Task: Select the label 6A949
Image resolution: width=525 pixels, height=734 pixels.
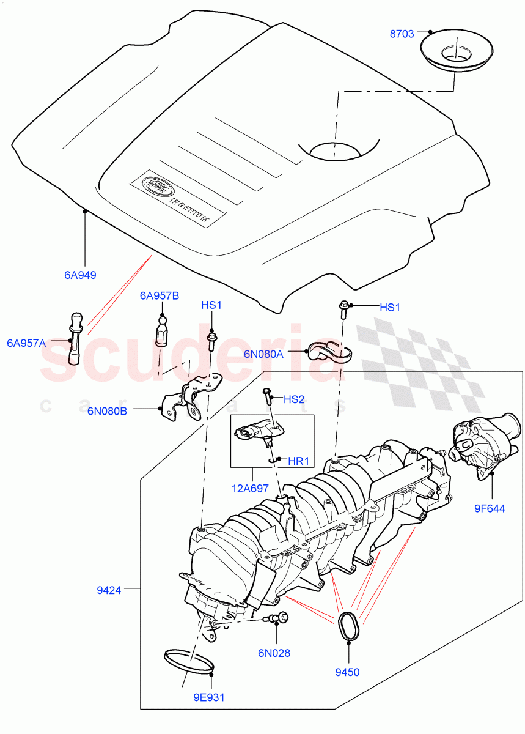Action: pyautogui.click(x=81, y=275)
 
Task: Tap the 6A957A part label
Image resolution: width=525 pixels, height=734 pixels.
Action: pyautogui.click(x=26, y=343)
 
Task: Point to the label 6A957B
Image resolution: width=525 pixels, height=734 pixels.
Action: pyautogui.click(x=159, y=296)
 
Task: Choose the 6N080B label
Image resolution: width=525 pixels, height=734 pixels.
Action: pyautogui.click(x=107, y=410)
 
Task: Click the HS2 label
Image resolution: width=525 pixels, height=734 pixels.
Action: pyautogui.click(x=294, y=399)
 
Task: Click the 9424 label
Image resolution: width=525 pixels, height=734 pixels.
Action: pyautogui.click(x=109, y=590)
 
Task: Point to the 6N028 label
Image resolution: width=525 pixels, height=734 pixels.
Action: pyautogui.click(x=273, y=653)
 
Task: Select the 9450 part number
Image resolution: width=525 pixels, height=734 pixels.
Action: pyautogui.click(x=347, y=672)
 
